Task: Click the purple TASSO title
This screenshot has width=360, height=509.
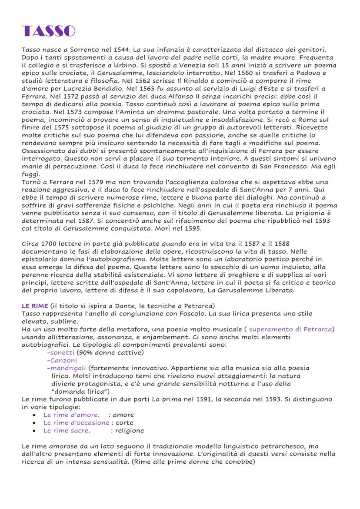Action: (48, 31)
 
